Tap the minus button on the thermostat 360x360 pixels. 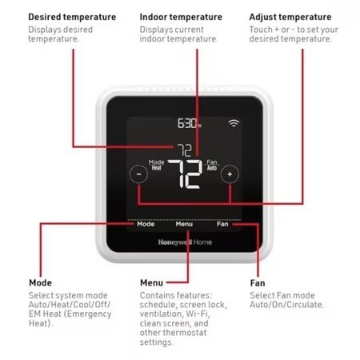pyautogui.click(x=138, y=174)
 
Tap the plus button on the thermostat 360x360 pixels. pyautogui.click(x=230, y=174)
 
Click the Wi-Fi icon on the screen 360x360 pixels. pyautogui.click(x=234, y=122)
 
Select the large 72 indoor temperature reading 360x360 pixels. pyautogui.click(x=185, y=174)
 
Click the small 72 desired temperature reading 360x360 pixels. pyautogui.click(x=185, y=150)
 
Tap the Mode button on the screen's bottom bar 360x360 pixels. pyautogui.click(x=146, y=224)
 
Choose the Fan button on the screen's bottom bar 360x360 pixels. pyautogui.click(x=222, y=224)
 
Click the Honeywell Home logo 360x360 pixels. pyautogui.click(x=185, y=242)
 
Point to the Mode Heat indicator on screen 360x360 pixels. pyautogui.click(x=156, y=165)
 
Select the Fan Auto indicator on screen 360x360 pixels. pyautogui.click(x=212, y=165)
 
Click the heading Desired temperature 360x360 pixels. pyautogui.click(x=72, y=17)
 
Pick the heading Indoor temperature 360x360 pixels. pyautogui.click(x=181, y=17)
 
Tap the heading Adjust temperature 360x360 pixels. pyautogui.click(x=290, y=17)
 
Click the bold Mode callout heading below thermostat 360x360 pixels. pyautogui.click(x=41, y=282)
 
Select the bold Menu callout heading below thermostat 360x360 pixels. pyautogui.click(x=151, y=282)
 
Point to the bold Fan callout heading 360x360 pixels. pyautogui.click(x=258, y=282)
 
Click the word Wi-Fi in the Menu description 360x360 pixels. pyautogui.click(x=197, y=314)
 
